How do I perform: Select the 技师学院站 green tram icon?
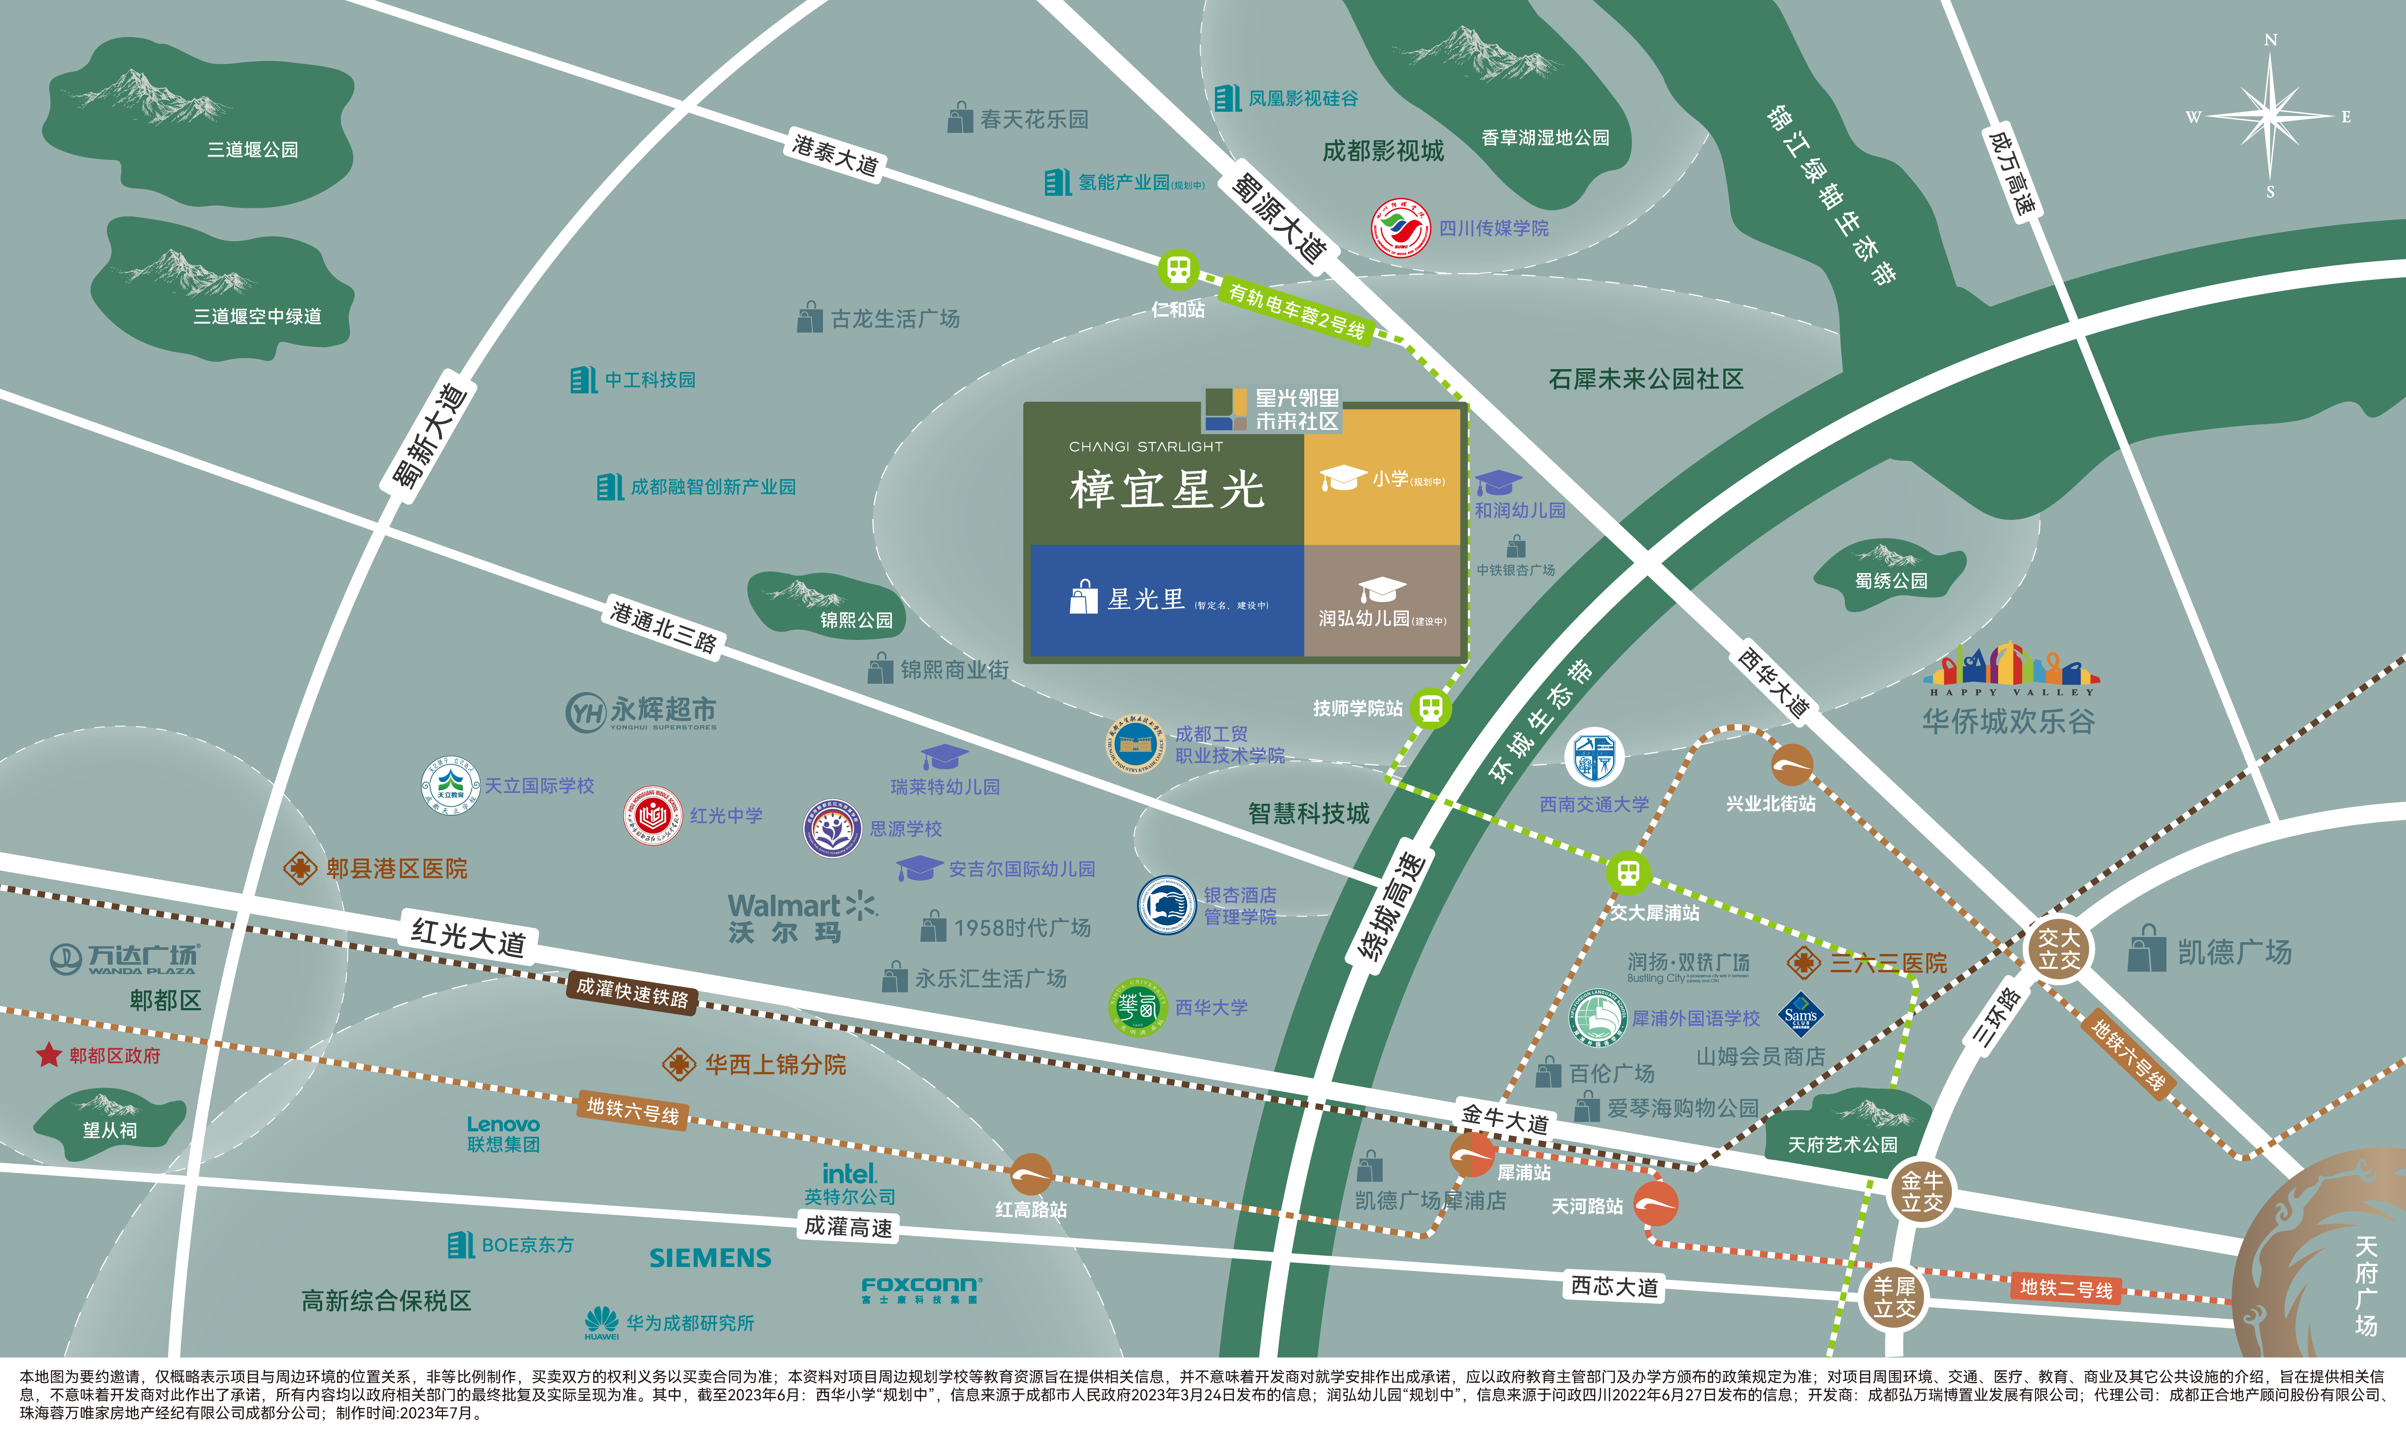[1431, 708]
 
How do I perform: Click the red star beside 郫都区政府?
[48, 1055]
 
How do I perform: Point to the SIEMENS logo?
[710, 1258]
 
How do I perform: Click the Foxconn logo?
[921, 1285]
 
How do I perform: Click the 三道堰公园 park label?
[252, 149]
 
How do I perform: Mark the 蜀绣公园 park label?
[1890, 580]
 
